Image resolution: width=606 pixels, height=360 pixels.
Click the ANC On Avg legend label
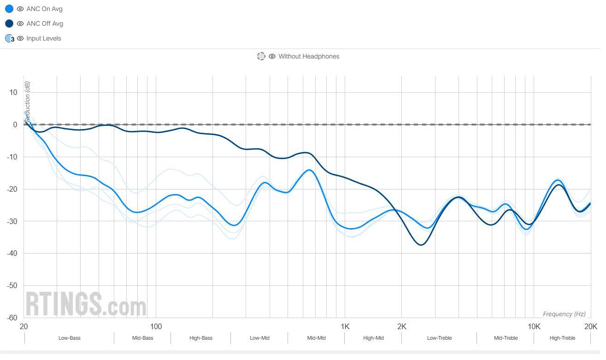point(44,9)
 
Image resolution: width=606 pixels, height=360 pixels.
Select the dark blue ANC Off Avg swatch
point(9,24)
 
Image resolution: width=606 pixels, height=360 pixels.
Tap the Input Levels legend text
point(43,38)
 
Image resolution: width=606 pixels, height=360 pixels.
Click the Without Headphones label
point(308,56)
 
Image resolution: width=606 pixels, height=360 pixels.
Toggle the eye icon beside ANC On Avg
point(20,9)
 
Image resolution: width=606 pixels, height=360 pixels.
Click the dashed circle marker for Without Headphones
point(261,56)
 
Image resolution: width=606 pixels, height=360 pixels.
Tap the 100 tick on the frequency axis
point(156,327)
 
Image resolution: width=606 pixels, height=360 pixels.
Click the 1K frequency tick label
point(345,327)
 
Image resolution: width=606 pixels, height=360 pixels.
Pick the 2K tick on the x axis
point(401,327)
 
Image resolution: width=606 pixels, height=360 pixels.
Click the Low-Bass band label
point(69,338)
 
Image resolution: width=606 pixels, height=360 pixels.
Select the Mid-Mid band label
point(316,338)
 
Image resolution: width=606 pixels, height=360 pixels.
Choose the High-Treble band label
point(562,338)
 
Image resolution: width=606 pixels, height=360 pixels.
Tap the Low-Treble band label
point(439,338)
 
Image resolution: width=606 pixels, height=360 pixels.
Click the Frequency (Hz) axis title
point(564,314)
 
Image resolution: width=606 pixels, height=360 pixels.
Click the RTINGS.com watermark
point(86,304)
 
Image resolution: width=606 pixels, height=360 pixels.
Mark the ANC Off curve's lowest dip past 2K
point(421,245)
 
